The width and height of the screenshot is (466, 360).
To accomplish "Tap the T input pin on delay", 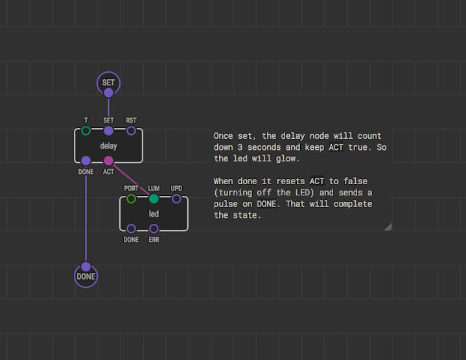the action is (86, 130).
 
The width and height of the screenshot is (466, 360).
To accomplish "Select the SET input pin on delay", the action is (108, 130).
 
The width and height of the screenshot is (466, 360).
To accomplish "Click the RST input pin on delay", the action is (131, 130).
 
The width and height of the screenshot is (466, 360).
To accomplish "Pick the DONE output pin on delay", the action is (86, 161).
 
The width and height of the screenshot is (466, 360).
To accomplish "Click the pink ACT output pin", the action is (108, 161).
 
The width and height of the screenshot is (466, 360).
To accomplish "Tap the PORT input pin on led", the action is (131, 198).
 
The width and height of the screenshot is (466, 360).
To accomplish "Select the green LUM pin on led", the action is (154, 198).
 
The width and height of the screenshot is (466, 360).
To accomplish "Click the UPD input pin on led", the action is (176, 198).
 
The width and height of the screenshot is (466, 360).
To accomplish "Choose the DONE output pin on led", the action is (131, 228).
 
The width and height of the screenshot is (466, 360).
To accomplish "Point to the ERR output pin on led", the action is (154, 228).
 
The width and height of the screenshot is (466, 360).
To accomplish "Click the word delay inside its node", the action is (108, 146).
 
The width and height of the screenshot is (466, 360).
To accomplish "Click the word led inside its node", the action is (154, 213).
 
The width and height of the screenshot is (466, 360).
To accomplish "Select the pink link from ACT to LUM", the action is (131, 180).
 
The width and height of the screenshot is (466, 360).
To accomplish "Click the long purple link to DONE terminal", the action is (86, 213).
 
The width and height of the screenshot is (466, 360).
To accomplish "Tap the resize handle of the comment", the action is (388, 228).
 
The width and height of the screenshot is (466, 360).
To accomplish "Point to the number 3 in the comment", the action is (240, 147).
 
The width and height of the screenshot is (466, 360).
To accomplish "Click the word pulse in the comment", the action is (226, 204).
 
